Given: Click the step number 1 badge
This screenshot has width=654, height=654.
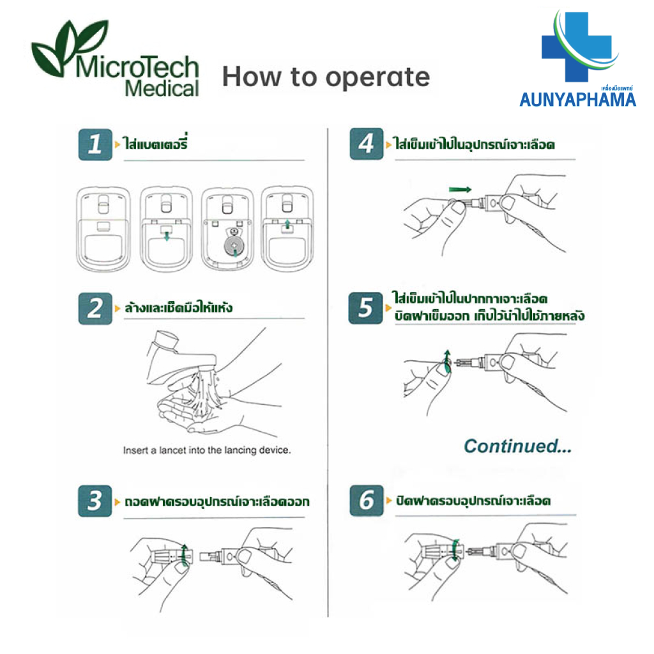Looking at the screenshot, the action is [95, 144].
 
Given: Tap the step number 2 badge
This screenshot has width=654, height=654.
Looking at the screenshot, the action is [95, 308].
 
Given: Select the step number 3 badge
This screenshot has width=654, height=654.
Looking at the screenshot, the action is [95, 501].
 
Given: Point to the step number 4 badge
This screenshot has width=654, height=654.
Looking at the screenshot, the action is [366, 144].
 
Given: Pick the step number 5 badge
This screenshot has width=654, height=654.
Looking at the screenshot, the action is [365, 308].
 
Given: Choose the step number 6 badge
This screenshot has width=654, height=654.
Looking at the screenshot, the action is [366, 501].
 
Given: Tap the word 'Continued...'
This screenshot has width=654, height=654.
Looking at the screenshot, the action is [517, 446].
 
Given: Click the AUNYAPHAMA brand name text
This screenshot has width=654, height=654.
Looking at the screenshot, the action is [577, 100].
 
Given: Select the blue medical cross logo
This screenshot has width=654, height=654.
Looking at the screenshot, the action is [577, 47].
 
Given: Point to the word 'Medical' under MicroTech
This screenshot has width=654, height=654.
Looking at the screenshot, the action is [162, 88].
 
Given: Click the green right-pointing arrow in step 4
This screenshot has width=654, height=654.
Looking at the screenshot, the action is [460, 190].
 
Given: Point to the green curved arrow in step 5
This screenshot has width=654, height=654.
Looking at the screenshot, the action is [447, 361].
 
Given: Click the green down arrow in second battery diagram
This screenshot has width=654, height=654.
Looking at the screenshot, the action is [167, 236].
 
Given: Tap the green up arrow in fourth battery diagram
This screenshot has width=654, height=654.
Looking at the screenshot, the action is [287, 224].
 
